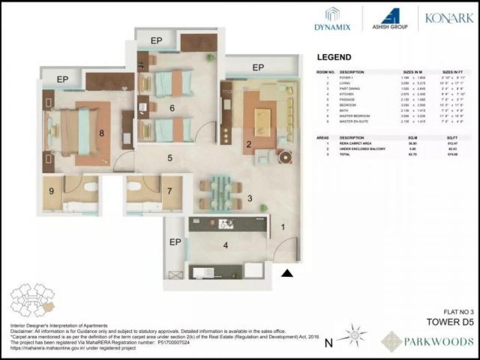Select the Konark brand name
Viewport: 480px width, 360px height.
click(x=449, y=18)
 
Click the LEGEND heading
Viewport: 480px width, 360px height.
click(x=334, y=57)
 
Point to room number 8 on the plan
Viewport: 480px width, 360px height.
click(x=102, y=133)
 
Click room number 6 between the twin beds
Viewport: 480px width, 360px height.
click(x=172, y=108)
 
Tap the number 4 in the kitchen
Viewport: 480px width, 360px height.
click(x=226, y=245)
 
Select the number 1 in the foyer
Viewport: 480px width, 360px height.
click(x=283, y=227)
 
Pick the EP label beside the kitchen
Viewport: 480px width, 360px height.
click(x=175, y=242)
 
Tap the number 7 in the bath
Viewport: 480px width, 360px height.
click(x=170, y=191)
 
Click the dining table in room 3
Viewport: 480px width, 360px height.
click(x=220, y=192)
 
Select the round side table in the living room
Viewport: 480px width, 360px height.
click(x=286, y=157)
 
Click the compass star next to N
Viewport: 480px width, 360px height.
click(x=352, y=335)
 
